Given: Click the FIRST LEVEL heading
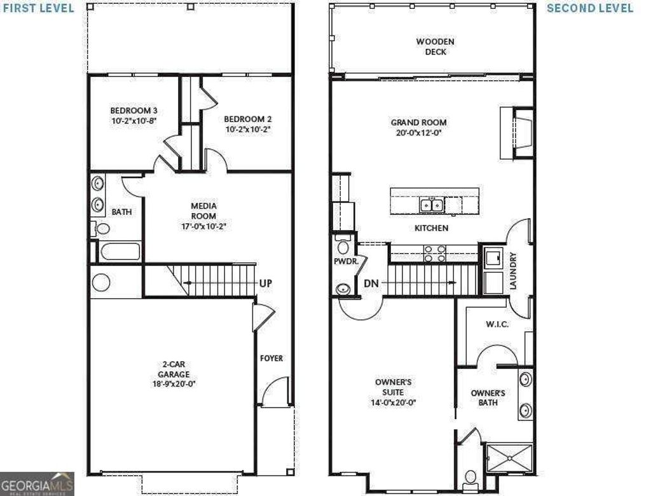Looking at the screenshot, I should point(38,8).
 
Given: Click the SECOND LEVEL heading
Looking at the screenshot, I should point(590,8).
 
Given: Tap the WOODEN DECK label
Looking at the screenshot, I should point(435,46).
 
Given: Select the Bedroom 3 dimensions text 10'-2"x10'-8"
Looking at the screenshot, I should point(133,120).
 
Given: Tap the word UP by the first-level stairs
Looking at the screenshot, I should point(265,283).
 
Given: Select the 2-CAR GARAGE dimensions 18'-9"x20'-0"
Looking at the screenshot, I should point(174,385).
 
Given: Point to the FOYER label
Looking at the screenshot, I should point(271,358).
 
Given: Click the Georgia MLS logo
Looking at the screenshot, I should point(37,483).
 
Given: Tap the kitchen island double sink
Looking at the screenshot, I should point(431,205).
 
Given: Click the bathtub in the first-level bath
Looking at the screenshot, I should point(120,251).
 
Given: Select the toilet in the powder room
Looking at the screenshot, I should point(343,245).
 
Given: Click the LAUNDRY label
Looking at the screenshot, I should point(513,272).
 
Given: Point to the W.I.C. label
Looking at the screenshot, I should point(497,324).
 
